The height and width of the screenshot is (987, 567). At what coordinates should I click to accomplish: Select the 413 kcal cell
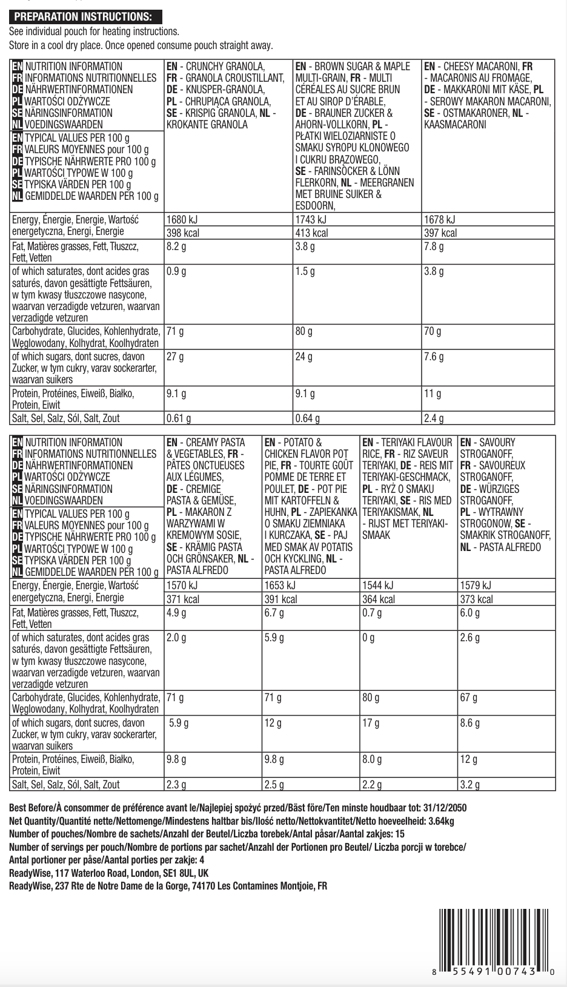click(x=312, y=233)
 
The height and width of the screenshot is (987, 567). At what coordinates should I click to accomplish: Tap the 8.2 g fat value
click(x=176, y=246)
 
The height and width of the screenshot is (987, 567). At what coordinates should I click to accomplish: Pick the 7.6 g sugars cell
click(x=434, y=357)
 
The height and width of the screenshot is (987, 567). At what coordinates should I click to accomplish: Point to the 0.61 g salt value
click(x=179, y=418)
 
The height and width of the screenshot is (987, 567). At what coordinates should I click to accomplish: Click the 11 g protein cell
click(x=433, y=394)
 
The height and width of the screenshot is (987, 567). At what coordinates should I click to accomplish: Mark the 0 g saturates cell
click(x=369, y=638)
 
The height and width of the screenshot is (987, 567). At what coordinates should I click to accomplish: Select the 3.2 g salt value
click(x=470, y=785)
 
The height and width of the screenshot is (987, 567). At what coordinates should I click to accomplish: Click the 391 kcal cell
click(x=281, y=599)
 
